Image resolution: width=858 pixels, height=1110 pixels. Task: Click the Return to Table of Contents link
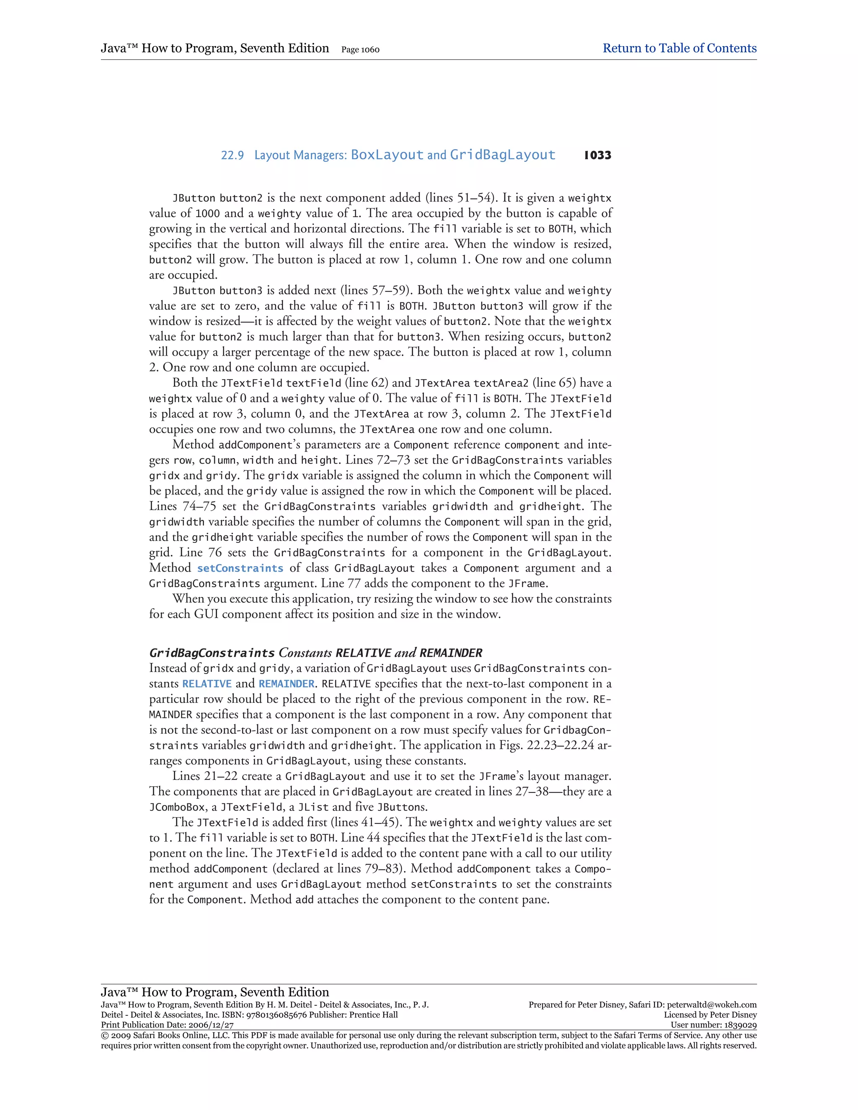click(679, 48)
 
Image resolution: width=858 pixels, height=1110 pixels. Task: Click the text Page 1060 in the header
click(360, 50)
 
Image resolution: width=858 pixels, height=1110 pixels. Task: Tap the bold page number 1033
click(597, 155)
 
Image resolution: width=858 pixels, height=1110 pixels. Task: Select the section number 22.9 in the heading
click(232, 155)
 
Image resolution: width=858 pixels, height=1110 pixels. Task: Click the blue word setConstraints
click(240, 568)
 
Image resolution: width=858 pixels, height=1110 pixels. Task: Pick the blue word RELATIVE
click(207, 684)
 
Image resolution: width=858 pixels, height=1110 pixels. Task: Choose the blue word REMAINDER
click(286, 684)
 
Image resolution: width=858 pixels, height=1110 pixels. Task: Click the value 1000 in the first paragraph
click(208, 214)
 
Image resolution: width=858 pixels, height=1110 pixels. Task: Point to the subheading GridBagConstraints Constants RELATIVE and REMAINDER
click(315, 653)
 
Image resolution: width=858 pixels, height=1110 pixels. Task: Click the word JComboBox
click(177, 807)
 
